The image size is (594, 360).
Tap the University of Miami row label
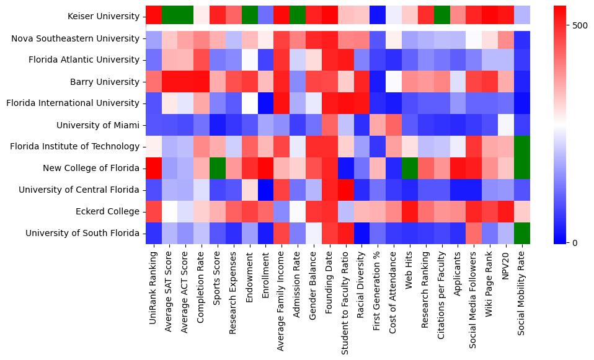[x=98, y=125]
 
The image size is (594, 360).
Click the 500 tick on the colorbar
[x=580, y=25]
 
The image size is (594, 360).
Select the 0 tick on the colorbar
[x=577, y=242]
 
